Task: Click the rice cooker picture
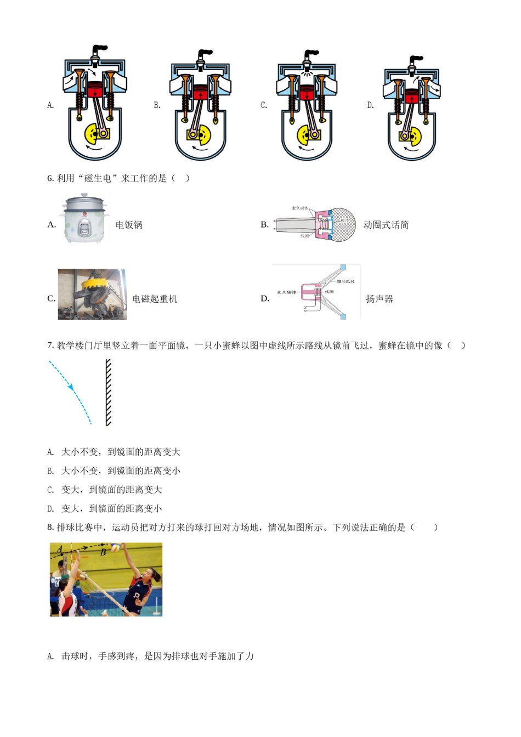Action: click(x=84, y=218)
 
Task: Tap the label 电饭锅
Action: click(x=129, y=225)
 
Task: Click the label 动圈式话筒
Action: click(x=386, y=225)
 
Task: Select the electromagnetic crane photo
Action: click(x=92, y=294)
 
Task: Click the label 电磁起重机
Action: click(x=155, y=299)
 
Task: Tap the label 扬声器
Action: click(x=380, y=299)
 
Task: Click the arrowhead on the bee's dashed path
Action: click(x=71, y=387)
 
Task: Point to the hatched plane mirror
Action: click(x=108, y=392)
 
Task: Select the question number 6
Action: click(x=50, y=178)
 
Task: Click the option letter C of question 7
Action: click(x=50, y=490)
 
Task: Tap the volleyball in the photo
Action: click(x=116, y=547)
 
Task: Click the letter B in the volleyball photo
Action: click(x=103, y=553)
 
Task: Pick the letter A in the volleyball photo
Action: click(x=60, y=549)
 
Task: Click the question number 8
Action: click(x=50, y=528)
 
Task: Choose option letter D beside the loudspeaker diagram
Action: click(x=265, y=299)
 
